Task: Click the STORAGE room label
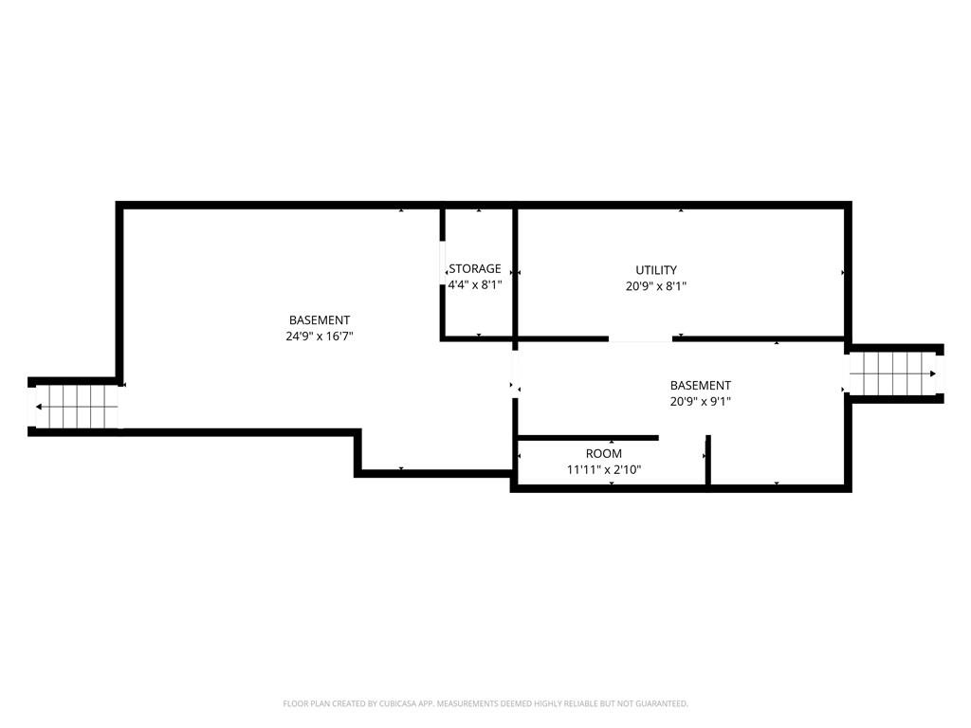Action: pyautogui.click(x=475, y=269)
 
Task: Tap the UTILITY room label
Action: pyautogui.click(x=656, y=270)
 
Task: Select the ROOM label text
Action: pyautogui.click(x=604, y=454)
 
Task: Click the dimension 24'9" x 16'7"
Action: pyautogui.click(x=320, y=336)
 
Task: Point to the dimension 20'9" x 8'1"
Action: pyautogui.click(x=656, y=285)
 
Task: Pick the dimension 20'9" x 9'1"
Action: pyautogui.click(x=701, y=401)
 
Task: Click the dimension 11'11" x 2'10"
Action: pyautogui.click(x=604, y=469)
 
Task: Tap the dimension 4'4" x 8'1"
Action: pyautogui.click(x=475, y=284)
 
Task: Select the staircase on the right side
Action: pyautogui.click(x=895, y=373)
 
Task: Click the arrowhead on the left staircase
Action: pyautogui.click(x=40, y=408)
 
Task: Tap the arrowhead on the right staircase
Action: pyautogui.click(x=933, y=373)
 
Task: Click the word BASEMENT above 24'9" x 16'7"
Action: pyautogui.click(x=320, y=320)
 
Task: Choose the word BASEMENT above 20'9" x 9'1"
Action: pyautogui.click(x=701, y=386)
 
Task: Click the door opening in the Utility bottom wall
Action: pyautogui.click(x=640, y=338)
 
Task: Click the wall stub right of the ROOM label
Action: pyautogui.click(x=708, y=463)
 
